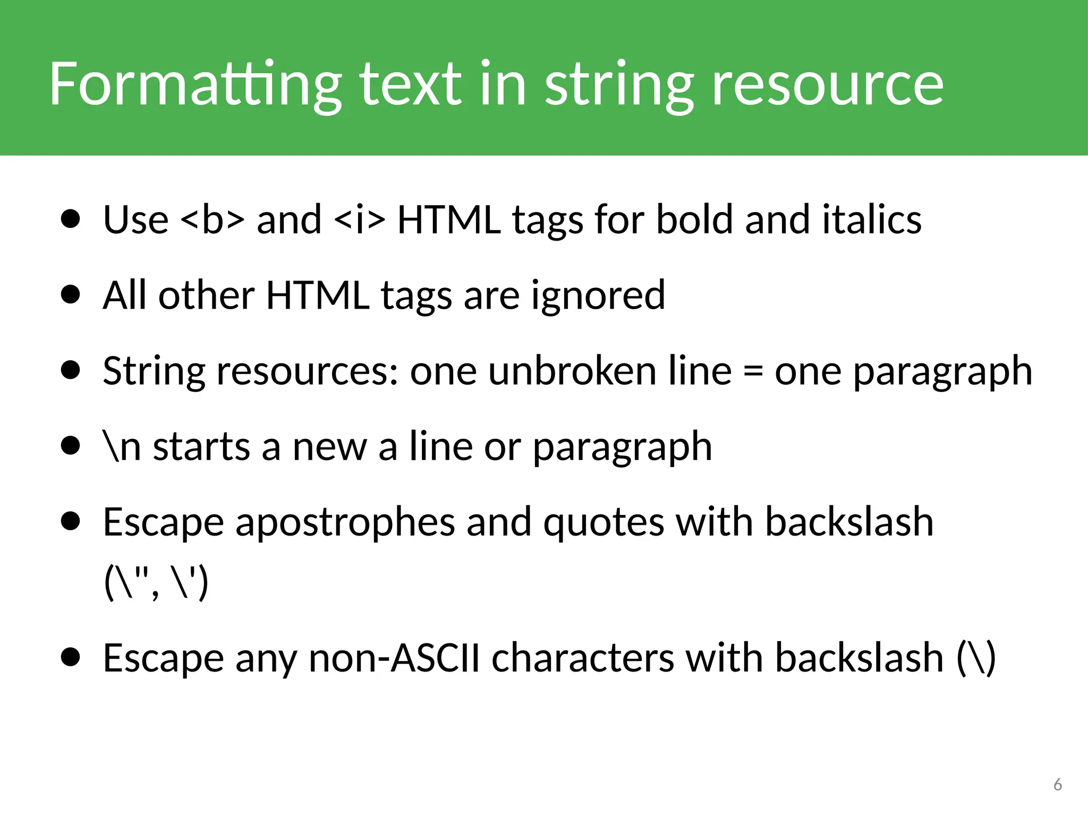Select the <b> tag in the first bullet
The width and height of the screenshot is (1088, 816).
212,219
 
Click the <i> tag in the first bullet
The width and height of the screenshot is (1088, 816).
360,219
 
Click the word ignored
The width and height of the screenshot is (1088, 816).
598,295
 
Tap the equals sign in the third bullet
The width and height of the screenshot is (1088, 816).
753,371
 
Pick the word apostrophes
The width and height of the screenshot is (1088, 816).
345,522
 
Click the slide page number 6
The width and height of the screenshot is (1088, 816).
1057,785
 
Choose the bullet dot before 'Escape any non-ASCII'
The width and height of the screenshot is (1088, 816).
70,658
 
